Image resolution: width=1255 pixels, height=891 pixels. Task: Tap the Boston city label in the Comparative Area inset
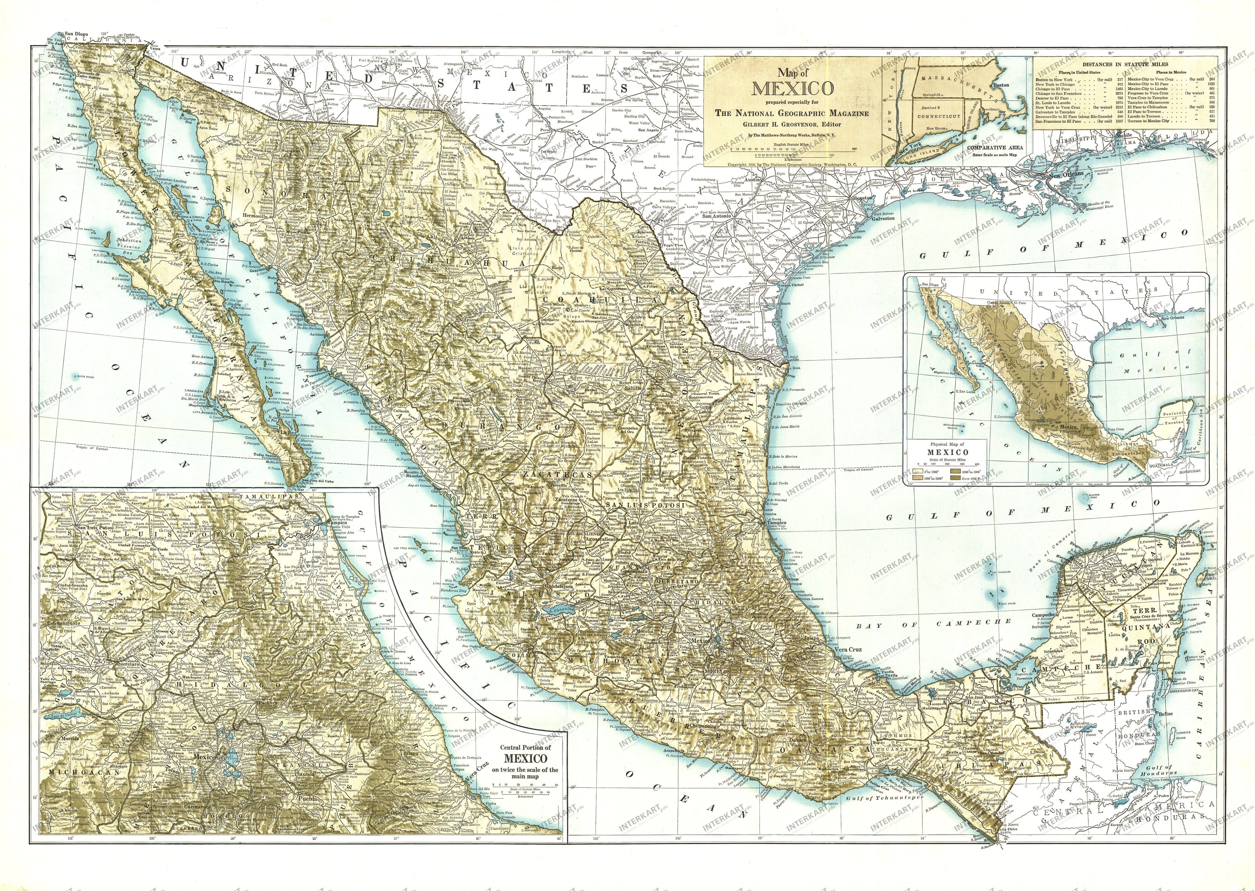coord(1001,85)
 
